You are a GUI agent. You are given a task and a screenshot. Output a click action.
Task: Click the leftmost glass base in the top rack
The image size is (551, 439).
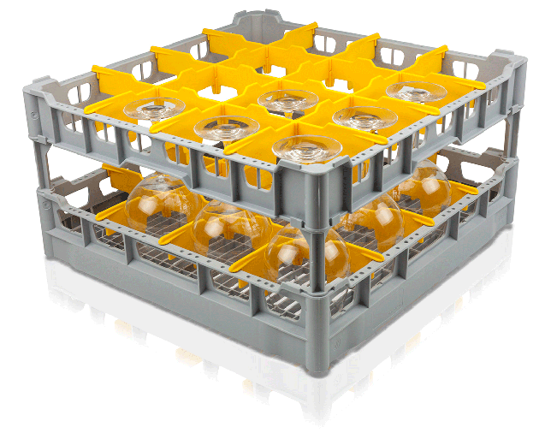point(154,108)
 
